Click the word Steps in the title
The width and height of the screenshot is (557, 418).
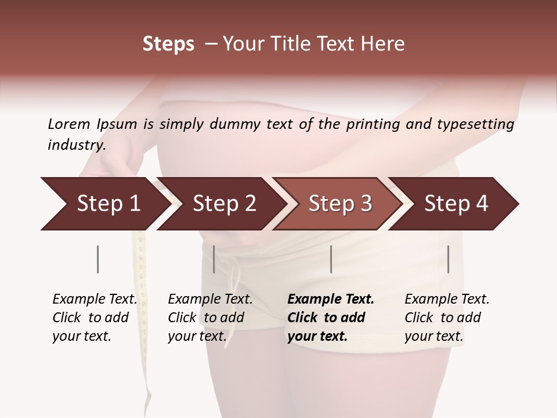click(168, 44)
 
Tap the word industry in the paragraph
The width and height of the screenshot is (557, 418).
click(76, 145)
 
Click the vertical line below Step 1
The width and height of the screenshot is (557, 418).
click(97, 259)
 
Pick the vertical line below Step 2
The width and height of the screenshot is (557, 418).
click(214, 259)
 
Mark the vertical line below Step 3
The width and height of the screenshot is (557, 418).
click(331, 259)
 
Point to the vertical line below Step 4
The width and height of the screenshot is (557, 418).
click(448, 259)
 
